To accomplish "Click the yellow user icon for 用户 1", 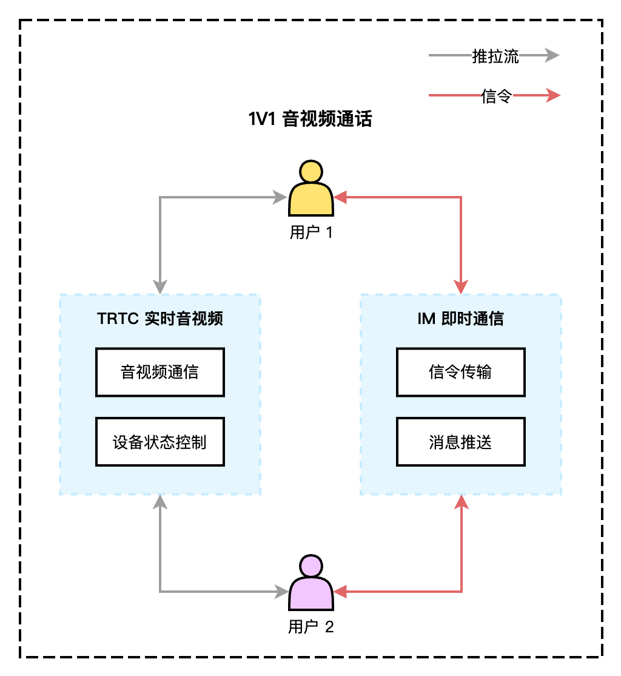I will click(311, 189).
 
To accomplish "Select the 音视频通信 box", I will click(160, 372).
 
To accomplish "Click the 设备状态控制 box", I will click(160, 442).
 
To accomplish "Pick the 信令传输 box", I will click(460, 372).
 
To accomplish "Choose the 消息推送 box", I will click(460, 442).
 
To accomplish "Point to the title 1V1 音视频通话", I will click(310, 119).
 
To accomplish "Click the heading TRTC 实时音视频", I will click(160, 319).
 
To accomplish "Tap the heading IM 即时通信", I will click(461, 319).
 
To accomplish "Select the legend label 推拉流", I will click(495, 56).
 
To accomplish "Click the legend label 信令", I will click(497, 95).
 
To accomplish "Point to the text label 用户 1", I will click(311, 232).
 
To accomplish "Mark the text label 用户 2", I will click(311, 627).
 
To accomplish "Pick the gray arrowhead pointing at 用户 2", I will click(281, 591).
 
